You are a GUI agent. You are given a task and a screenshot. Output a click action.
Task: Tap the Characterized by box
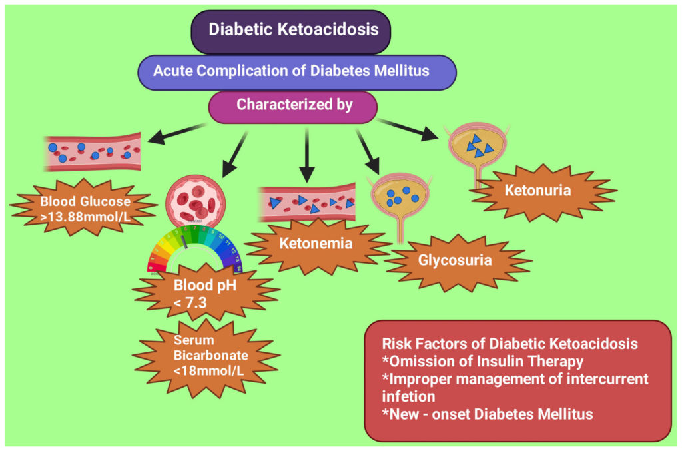pyautogui.click(x=293, y=106)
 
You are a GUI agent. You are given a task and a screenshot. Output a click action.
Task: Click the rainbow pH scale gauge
pyautogui.click(x=195, y=250)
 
